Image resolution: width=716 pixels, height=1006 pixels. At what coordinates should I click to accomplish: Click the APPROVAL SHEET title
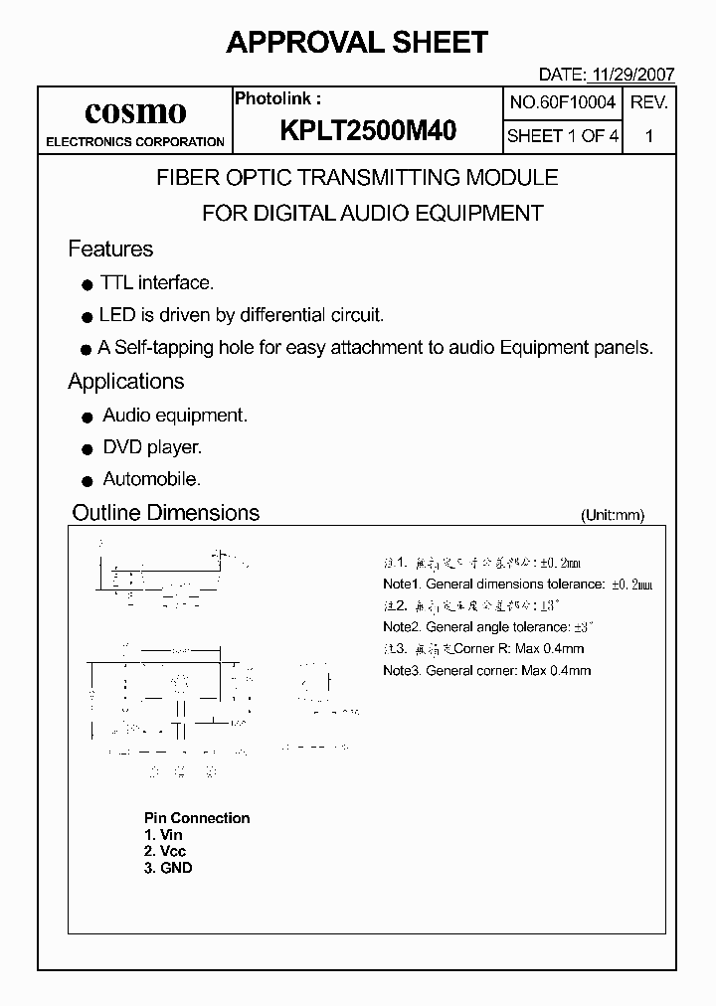pyautogui.click(x=357, y=42)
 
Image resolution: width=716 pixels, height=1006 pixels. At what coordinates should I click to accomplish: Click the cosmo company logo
pyautogui.click(x=135, y=110)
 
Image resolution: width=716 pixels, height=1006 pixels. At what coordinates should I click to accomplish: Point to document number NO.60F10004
pyautogui.click(x=563, y=102)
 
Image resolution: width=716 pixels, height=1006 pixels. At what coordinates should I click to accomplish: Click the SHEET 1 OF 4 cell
pyautogui.click(x=563, y=136)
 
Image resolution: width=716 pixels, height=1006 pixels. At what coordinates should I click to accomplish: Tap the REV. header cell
pyautogui.click(x=649, y=102)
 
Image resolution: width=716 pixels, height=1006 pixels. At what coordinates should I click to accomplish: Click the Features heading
pyautogui.click(x=110, y=249)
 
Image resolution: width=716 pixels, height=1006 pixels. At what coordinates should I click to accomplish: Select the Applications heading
pyautogui.click(x=126, y=382)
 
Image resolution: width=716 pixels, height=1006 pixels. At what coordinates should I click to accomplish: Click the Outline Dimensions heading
pyautogui.click(x=166, y=513)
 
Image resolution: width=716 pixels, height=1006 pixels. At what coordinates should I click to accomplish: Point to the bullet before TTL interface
pyautogui.click(x=87, y=284)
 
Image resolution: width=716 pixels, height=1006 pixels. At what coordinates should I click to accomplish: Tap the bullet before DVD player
pyautogui.click(x=87, y=449)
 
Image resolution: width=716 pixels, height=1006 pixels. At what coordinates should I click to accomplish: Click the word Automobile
pyautogui.click(x=152, y=479)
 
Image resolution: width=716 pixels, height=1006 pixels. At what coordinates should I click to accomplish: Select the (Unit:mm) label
pyautogui.click(x=613, y=515)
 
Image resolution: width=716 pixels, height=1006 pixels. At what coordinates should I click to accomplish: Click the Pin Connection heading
pyautogui.click(x=197, y=818)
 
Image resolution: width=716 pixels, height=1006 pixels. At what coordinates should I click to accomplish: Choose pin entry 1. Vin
pyautogui.click(x=164, y=835)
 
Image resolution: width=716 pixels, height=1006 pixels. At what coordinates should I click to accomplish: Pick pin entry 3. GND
pyautogui.click(x=168, y=868)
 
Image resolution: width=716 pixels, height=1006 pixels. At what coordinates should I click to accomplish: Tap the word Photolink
pyautogui.click(x=275, y=98)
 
